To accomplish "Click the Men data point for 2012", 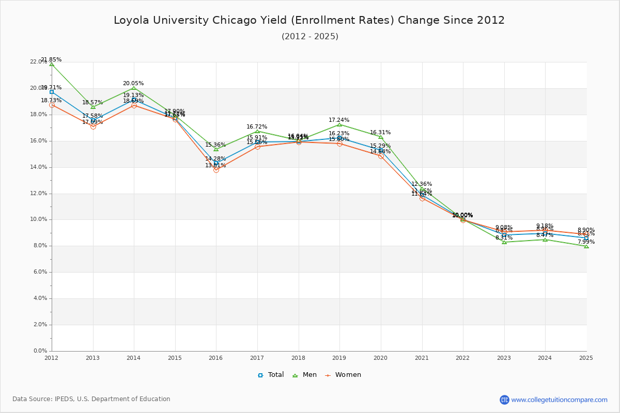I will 52,64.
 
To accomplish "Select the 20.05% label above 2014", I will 133,84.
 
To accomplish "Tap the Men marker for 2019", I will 339,124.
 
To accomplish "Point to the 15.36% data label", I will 215,145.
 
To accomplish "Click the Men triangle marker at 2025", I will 586,246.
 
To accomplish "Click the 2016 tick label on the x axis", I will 215,357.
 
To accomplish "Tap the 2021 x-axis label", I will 422,357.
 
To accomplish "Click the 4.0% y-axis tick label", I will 40,298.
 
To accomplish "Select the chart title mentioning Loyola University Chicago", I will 309,21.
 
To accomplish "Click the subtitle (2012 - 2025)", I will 309,37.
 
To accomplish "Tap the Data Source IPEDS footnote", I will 91,399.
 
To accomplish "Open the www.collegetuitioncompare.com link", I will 559,400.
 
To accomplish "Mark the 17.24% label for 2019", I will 339,120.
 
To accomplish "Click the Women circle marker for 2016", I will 216,170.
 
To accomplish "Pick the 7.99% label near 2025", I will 586,242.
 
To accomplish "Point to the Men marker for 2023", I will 504,242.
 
